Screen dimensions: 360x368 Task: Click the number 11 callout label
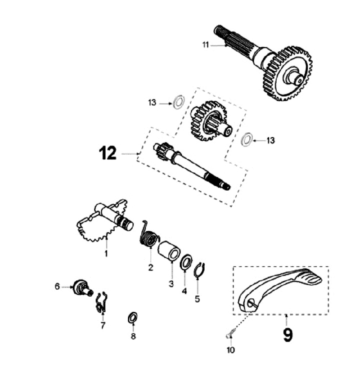205,45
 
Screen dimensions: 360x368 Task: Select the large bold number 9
288,334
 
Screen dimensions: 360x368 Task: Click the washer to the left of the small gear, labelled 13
176,102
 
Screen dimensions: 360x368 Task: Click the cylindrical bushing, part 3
169,250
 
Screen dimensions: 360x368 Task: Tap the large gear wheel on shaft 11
287,74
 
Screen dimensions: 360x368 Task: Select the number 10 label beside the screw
230,350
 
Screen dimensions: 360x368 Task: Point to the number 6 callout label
57,286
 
